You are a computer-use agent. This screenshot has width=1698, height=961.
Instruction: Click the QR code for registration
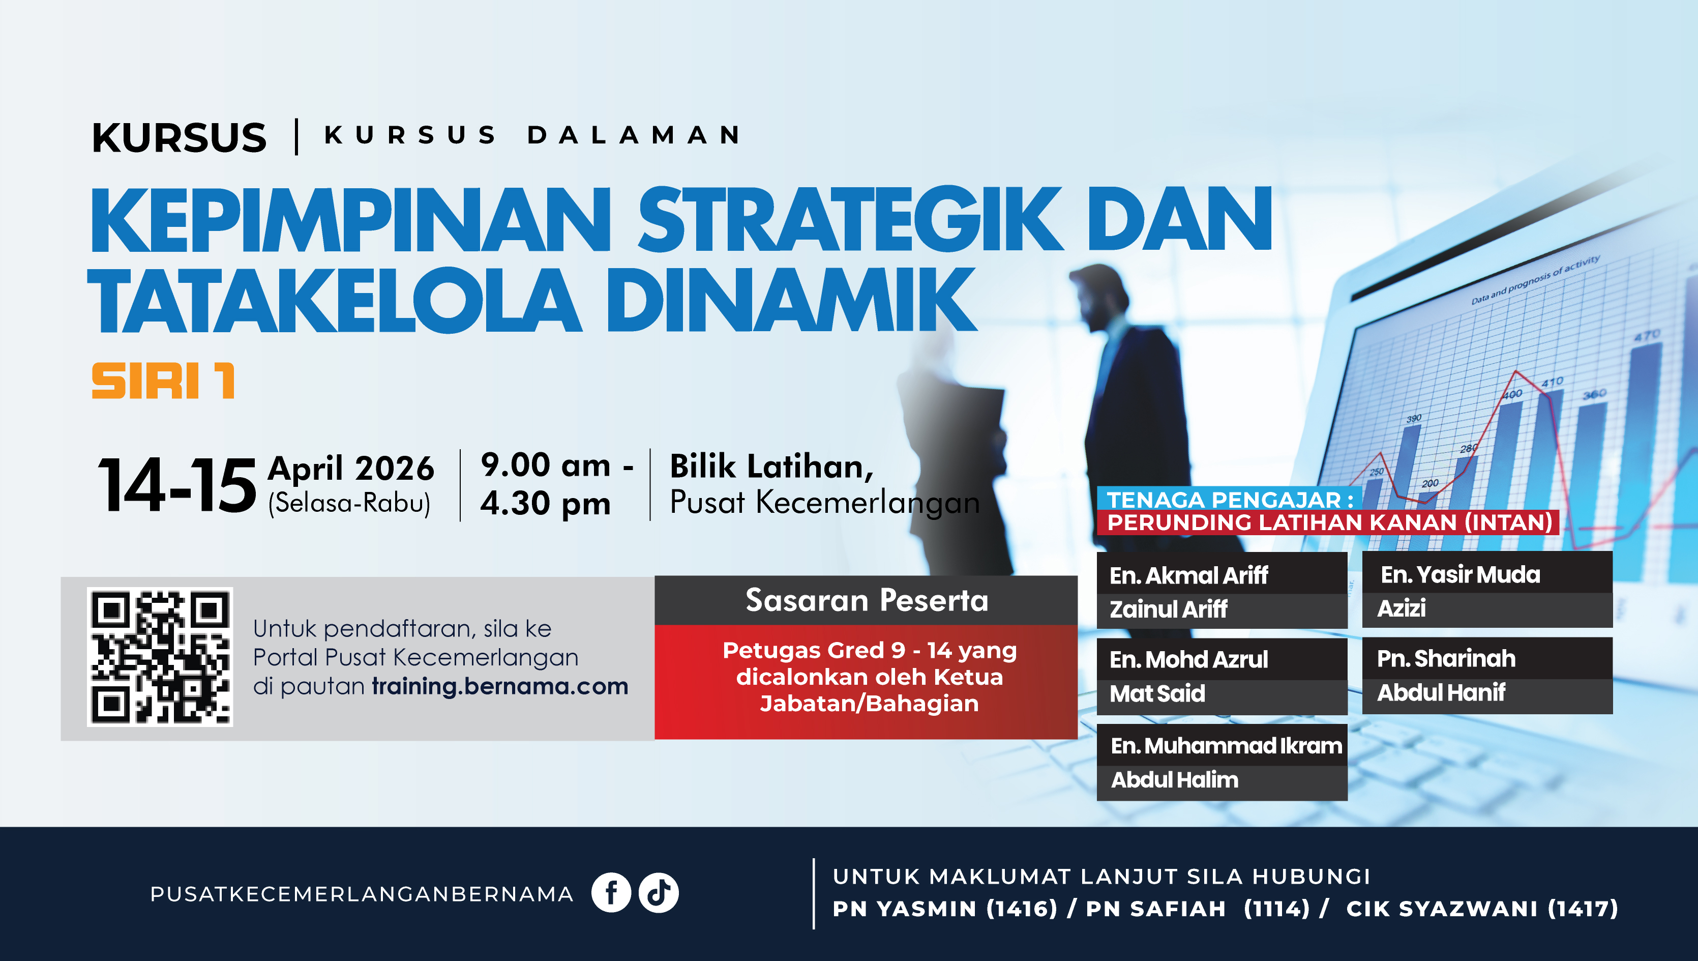(160, 657)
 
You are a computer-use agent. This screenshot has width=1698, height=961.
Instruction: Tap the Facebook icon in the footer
(611, 893)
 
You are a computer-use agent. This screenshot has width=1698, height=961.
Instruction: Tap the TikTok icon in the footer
(659, 893)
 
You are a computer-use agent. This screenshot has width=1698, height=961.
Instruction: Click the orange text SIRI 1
(163, 381)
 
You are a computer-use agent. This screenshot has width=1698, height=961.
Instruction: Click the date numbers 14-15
(177, 485)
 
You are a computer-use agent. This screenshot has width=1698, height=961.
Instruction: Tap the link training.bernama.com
(500, 686)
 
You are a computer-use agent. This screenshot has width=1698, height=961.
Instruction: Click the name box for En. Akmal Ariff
(1222, 590)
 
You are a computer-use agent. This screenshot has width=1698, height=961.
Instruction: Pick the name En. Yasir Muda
(1461, 575)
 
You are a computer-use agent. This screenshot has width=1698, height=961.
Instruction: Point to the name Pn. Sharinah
(1446, 659)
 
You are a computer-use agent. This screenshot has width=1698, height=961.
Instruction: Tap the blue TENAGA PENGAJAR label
(1230, 499)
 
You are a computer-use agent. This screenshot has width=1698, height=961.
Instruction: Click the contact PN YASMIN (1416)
(945, 909)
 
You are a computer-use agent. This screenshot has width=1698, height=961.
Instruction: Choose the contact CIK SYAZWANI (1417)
(1482, 909)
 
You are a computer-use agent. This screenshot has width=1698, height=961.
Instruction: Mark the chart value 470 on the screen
(1647, 336)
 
